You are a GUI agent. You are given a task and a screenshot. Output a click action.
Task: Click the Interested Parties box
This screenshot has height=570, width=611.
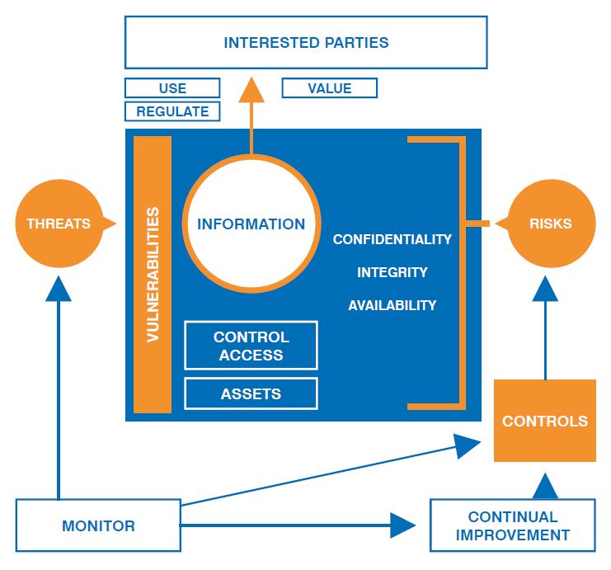pos(305,42)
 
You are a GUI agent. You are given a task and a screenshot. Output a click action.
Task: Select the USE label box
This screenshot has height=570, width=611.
pos(172,88)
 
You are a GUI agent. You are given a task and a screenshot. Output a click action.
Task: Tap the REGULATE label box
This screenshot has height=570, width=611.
pos(172,111)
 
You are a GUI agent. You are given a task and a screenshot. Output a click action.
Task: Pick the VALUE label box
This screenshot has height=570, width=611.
pos(329,88)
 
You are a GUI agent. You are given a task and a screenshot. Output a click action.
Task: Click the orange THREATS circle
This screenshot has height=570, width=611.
pos(58,224)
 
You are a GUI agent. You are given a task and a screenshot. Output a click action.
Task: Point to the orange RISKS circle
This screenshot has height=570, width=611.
pos(551,224)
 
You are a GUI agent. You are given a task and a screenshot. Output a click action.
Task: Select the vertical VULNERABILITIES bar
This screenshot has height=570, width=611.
pos(153,274)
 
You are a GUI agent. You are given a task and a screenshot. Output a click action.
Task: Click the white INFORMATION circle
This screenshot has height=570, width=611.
pos(251,224)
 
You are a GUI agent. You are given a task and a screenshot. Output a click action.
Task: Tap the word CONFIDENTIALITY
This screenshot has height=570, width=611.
pos(392,239)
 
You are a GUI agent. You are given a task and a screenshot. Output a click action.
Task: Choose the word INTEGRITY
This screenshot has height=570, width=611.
pos(392,272)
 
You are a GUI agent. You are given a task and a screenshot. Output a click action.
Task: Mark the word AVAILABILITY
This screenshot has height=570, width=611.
pos(392,305)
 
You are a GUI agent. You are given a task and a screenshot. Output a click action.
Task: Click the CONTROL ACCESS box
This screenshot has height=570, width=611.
pos(251,346)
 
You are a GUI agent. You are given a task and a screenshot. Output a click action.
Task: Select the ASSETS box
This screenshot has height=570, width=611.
pos(251,394)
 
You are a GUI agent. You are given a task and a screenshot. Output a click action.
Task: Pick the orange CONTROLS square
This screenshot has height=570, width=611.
pos(545,421)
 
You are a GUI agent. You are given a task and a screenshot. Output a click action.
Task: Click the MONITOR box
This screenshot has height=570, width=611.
pos(98,525)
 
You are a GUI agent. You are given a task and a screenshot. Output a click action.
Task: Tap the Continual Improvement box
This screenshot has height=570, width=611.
pos(512,525)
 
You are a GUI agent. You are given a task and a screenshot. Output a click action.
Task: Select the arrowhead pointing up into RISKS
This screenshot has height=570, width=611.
pos(545,290)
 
